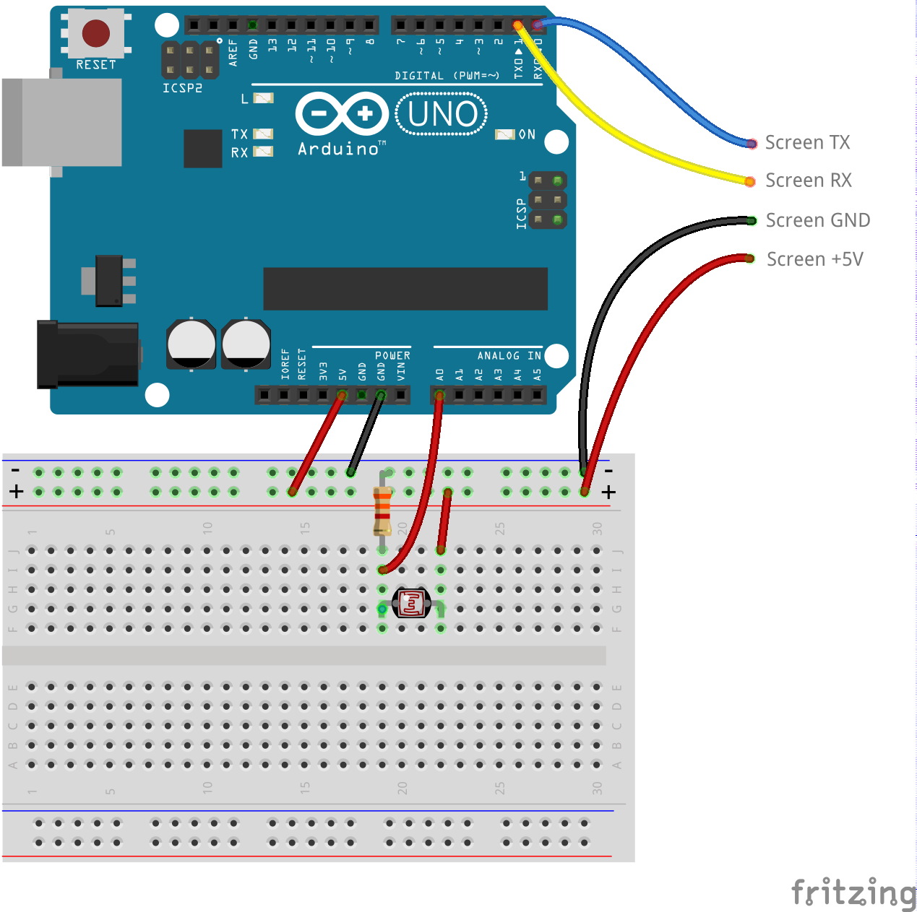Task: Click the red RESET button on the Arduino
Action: pos(95,33)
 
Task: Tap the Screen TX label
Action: pos(807,143)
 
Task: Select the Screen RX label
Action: pos(808,181)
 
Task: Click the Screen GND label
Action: pos(817,220)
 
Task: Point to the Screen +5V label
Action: pos(814,259)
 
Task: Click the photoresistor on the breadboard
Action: pos(411,603)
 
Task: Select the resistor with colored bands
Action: pos(382,510)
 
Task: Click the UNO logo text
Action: pos(442,114)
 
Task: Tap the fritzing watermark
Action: pos(853,893)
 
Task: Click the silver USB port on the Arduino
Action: pos(61,123)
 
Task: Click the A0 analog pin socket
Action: pos(439,395)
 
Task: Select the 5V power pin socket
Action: pos(343,395)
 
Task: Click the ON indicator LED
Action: pos(504,134)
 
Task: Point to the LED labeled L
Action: pos(263,98)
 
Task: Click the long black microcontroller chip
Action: pos(405,289)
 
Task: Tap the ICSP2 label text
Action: pos(182,88)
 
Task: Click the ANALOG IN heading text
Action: pos(509,356)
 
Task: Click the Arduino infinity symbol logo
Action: pos(342,113)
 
